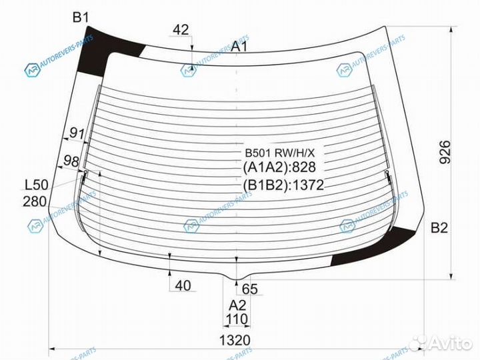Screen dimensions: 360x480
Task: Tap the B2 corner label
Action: pos(439,229)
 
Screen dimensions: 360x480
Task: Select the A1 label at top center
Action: pos(239,46)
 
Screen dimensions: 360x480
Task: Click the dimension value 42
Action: pos(181,29)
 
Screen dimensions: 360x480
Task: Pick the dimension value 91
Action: pos(77,133)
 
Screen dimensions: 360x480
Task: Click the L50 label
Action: pos(36,185)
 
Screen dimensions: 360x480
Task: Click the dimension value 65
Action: pos(249,289)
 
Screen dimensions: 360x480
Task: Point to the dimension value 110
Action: pos(237,320)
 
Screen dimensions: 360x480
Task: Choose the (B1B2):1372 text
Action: pos(283,185)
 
